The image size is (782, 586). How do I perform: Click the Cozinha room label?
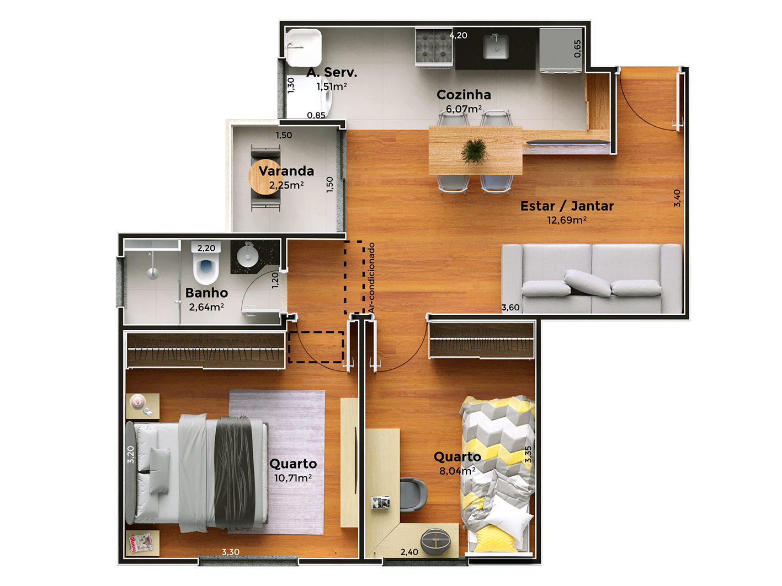[464, 95]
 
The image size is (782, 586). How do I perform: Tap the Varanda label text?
[286, 171]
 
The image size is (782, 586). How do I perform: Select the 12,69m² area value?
[566, 221]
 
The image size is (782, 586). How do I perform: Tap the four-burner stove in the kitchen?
[434, 47]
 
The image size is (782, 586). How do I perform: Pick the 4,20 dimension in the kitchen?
[458, 35]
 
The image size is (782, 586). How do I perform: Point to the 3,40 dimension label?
[677, 198]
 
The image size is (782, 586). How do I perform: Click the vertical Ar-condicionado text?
[371, 278]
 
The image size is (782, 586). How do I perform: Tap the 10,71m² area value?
[293, 478]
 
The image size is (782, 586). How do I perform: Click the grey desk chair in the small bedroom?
[413, 494]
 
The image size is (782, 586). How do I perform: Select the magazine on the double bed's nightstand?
[140, 542]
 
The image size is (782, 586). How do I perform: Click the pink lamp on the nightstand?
[138, 402]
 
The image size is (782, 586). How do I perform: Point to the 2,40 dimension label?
[409, 552]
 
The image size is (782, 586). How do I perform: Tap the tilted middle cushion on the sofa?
[587, 283]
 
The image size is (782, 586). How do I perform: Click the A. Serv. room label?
[332, 73]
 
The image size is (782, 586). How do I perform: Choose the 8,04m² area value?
[457, 471]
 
